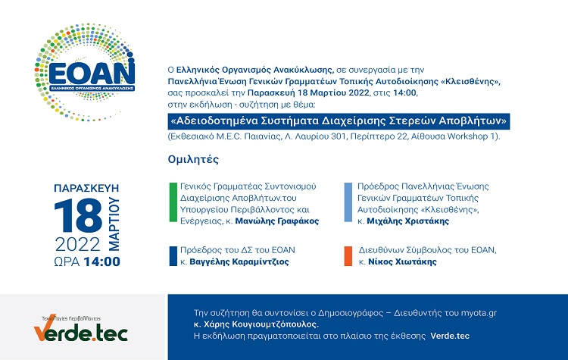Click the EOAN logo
pyautogui.click(x=85, y=73)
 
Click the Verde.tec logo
pyautogui.click(x=81, y=328)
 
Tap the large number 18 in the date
pyautogui.click(x=78, y=215)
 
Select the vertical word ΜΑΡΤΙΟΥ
pyautogui.click(x=114, y=224)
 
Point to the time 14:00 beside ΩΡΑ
pyautogui.click(x=101, y=261)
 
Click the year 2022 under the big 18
pyautogui.click(x=77, y=244)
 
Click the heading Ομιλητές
pyautogui.click(x=193, y=159)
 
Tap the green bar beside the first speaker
pyautogui.click(x=173, y=202)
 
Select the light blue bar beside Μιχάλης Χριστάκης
pyautogui.click(x=348, y=202)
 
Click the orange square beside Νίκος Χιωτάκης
pyautogui.click(x=348, y=256)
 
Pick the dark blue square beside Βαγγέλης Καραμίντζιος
pyautogui.click(x=173, y=256)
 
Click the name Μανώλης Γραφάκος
pyautogui.click(x=277, y=221)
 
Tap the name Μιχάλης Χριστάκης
pyautogui.click(x=408, y=221)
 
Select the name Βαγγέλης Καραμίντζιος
pyautogui.click(x=239, y=261)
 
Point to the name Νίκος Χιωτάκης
pyautogui.click(x=402, y=261)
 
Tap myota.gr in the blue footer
pyautogui.click(x=479, y=313)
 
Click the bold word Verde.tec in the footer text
pyautogui.click(x=450, y=336)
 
